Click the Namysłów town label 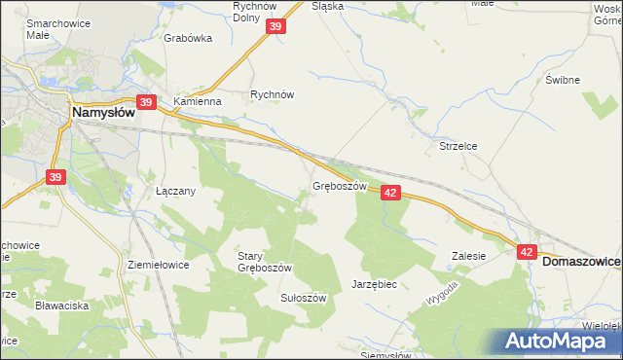102,114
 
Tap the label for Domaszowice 581,262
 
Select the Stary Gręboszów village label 265,262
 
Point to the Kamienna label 198,100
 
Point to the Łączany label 176,191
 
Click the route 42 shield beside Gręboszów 390,193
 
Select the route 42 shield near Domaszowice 527,251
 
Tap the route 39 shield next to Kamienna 146,101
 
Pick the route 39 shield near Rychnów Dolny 275,28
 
